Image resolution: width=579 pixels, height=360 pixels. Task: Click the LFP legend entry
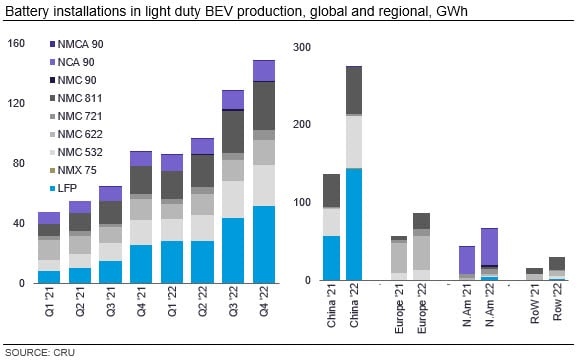tap(63, 188)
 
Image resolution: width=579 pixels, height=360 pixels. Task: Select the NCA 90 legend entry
tap(72, 62)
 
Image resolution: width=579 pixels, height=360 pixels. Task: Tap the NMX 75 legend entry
tap(73, 170)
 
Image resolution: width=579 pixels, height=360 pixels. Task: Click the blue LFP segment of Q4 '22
tap(264, 244)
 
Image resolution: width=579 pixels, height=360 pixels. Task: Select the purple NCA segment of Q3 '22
tap(233, 100)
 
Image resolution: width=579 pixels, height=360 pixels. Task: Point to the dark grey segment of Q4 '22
tap(264, 106)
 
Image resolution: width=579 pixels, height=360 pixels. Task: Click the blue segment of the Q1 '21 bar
tap(49, 277)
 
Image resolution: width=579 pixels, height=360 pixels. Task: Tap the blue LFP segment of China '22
tap(354, 224)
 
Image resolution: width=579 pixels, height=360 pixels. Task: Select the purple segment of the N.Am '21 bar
tap(467, 260)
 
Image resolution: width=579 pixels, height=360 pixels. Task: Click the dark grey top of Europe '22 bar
tap(421, 221)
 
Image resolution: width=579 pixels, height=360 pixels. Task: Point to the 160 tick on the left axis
tap(16, 44)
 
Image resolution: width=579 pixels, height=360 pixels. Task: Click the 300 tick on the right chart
tap(302, 47)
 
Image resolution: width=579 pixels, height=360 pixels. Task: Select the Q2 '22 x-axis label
tap(202, 302)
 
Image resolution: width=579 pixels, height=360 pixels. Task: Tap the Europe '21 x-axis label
tap(399, 309)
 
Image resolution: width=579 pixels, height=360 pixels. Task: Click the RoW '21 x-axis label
tap(535, 304)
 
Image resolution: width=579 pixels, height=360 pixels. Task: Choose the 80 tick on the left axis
tap(19, 163)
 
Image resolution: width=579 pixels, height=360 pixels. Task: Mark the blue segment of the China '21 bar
tap(331, 258)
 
